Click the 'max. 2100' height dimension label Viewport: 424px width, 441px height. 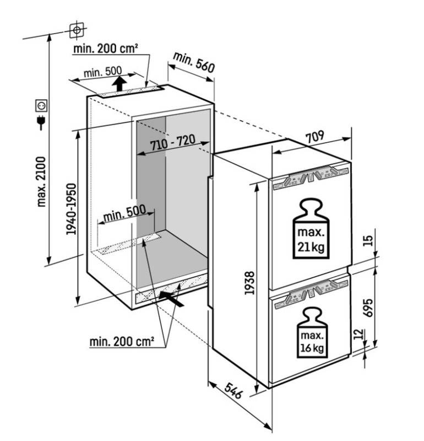[x=41, y=182]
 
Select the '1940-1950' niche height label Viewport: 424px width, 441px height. [x=71, y=209]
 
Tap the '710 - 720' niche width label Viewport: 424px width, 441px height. [x=172, y=143]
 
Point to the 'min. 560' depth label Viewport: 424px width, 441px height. [x=194, y=62]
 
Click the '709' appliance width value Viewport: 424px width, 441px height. [x=315, y=137]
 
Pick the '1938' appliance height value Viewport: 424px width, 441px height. [x=249, y=283]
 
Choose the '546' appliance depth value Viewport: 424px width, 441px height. [x=233, y=391]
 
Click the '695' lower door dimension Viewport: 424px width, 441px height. [x=368, y=308]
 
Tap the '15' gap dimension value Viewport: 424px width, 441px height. [x=368, y=241]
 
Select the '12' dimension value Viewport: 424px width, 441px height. [x=358, y=335]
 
